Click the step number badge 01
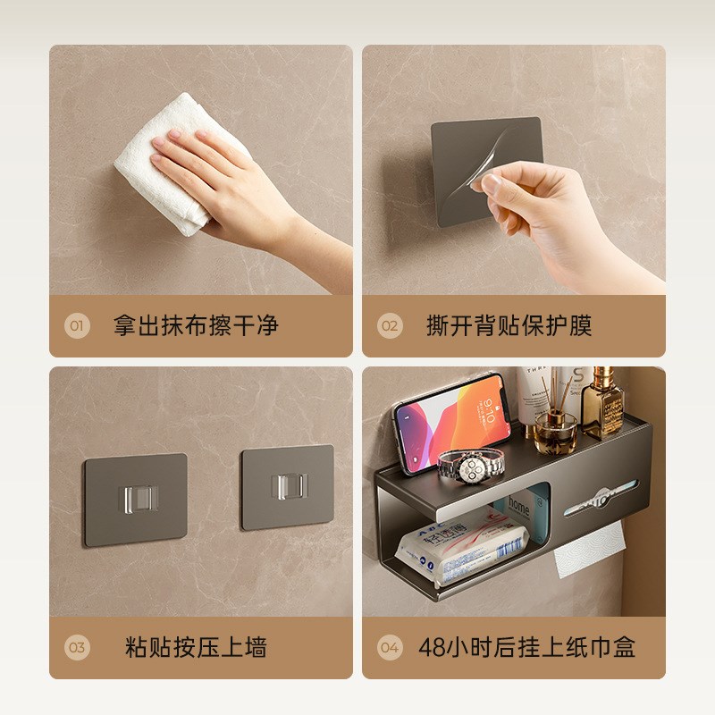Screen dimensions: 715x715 77,326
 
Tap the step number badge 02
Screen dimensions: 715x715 390,326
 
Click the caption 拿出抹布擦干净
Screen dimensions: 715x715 196,325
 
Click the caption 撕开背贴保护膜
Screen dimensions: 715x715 509,325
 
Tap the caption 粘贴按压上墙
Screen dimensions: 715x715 196,647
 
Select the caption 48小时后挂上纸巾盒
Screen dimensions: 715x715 527,647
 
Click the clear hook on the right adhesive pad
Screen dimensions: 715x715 287,488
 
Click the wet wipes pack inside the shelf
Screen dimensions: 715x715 447,545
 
